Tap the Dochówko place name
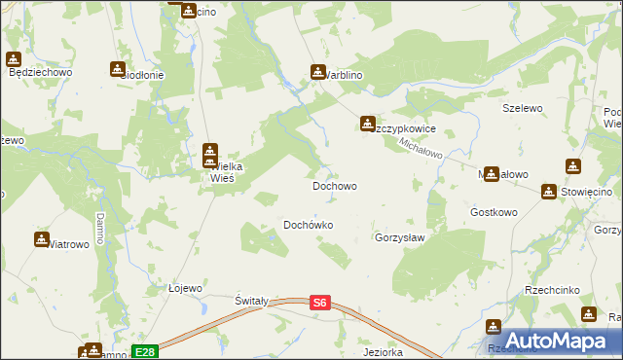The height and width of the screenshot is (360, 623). point(309,225)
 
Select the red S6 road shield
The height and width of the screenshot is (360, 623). point(320,304)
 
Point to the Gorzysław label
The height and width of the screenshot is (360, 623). point(401,237)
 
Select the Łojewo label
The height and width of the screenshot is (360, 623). point(185,288)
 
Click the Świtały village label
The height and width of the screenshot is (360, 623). point(251,302)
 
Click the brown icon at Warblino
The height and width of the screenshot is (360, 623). point(317,72)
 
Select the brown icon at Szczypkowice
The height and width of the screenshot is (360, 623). point(367,124)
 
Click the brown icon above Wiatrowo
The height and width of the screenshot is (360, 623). point(42,238)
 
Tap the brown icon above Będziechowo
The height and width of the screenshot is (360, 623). point(14,58)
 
